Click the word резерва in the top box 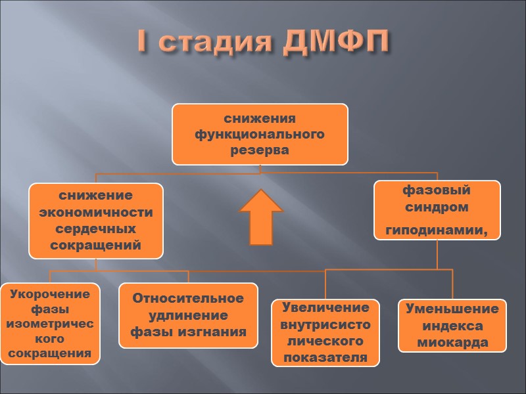pyautogui.click(x=260, y=150)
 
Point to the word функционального pyautogui.click(x=260, y=135)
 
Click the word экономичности pyautogui.click(x=96, y=213)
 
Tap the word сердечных pyautogui.click(x=96, y=230)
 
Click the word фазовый pyautogui.click(x=437, y=190)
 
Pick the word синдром pyautogui.click(x=437, y=208)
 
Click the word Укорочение pyautogui.click(x=50, y=294)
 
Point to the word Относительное pyautogui.click(x=188, y=298)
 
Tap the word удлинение pyautogui.click(x=188, y=315)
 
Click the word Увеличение pyautogui.click(x=325, y=307)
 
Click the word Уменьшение pyautogui.click(x=452, y=309)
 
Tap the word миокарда pyautogui.click(x=452, y=342)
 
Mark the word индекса pyautogui.click(x=452, y=326)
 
